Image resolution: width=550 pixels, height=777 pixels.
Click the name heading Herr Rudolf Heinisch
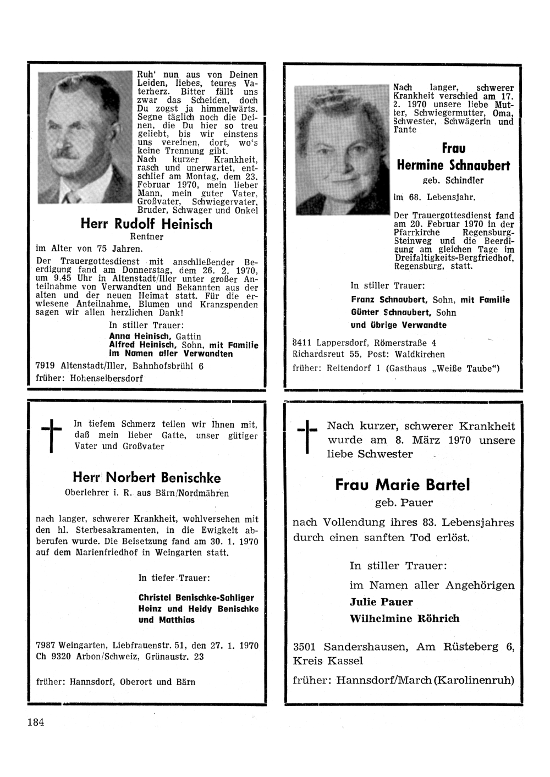point(146,224)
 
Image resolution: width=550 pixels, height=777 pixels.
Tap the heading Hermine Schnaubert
point(453,165)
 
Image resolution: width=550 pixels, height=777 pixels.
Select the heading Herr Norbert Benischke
point(147,477)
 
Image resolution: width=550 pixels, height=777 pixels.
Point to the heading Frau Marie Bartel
point(403,484)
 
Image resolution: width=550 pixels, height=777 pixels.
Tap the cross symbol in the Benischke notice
point(51,434)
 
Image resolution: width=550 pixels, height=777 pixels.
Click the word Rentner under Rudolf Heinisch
point(146,237)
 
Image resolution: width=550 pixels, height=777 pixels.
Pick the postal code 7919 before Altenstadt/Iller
point(45,366)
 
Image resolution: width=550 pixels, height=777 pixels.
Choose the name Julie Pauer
point(381,602)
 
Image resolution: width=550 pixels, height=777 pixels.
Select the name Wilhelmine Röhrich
point(404,618)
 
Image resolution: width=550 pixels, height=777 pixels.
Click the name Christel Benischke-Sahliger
point(196,597)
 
